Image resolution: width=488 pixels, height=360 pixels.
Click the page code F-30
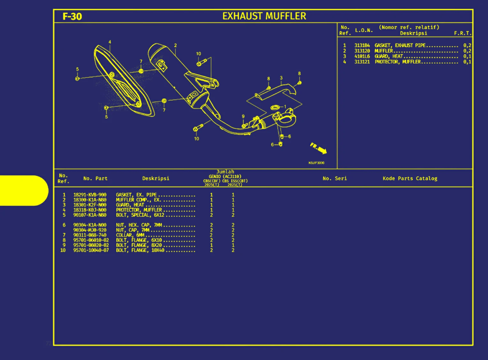pos(72,16)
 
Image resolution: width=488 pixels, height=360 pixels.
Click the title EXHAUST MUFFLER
pos(264,16)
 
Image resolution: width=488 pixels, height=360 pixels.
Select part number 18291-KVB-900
pos(90,195)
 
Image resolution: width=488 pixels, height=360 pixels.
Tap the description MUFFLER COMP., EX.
pos(138,200)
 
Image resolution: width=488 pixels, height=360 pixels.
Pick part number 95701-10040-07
pos(91,250)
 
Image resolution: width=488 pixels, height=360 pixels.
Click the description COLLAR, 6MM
pos(130,235)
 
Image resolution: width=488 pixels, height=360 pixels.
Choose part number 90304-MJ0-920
pos(90,230)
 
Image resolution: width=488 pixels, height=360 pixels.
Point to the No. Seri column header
pos(334,178)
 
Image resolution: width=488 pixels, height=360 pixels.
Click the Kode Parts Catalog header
pos(410,178)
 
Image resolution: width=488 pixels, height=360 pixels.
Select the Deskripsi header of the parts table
pos(156,178)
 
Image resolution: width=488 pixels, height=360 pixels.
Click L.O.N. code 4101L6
pos(362,56)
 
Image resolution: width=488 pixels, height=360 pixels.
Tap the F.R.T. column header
pos(462,33)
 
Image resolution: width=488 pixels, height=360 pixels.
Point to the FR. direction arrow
pos(318,149)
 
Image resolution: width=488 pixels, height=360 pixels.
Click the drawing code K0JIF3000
pos(316,163)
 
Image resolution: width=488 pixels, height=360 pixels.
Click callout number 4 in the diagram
pos(110,42)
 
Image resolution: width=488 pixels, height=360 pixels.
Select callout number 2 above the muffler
pos(175,45)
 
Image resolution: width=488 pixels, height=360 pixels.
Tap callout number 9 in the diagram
pos(243,117)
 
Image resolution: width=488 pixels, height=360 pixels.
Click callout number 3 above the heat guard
pos(281,78)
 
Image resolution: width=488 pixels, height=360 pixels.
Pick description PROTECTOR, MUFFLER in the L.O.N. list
pos(398,62)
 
